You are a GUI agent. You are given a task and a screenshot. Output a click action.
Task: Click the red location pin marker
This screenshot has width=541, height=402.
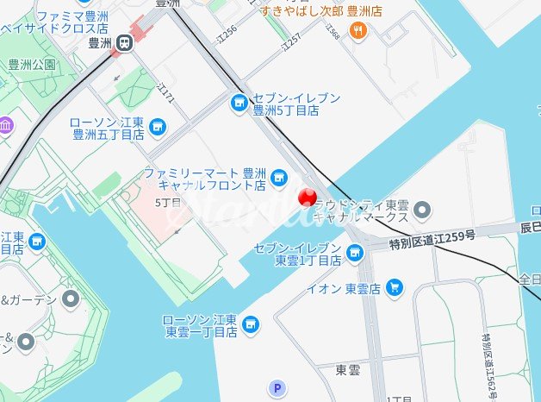click(x=305, y=198)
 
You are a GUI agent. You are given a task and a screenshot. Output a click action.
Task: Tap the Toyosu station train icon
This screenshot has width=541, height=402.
click(x=125, y=41)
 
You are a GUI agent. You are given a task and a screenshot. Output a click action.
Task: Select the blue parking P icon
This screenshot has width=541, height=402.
click(x=277, y=388)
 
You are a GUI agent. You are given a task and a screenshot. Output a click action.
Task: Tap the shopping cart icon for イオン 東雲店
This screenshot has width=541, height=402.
click(x=395, y=287)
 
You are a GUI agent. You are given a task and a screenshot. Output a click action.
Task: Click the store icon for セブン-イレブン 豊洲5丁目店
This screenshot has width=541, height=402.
click(x=238, y=104)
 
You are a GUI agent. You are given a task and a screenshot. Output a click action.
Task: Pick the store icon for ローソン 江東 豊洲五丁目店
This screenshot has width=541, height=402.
click(x=157, y=128)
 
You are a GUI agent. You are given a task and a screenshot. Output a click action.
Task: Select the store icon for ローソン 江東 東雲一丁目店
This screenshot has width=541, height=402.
click(x=251, y=324)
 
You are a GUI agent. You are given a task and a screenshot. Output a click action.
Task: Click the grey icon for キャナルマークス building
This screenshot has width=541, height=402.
click(x=422, y=210)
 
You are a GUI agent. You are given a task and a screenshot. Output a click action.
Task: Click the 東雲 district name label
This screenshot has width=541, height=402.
click(x=347, y=369)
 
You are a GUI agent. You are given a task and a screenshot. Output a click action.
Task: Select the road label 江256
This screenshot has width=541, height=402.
click(x=228, y=35)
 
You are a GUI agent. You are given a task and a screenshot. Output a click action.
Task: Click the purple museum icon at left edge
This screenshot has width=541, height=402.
click(x=5, y=125)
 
